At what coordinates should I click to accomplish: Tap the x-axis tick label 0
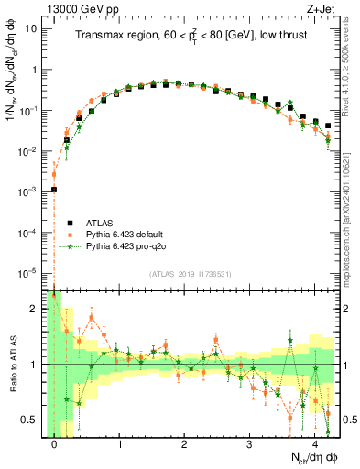[x=55, y=444]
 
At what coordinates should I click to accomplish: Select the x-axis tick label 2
[x=184, y=444]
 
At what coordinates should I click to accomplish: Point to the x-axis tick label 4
[x=314, y=444]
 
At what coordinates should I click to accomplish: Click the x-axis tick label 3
[x=249, y=444]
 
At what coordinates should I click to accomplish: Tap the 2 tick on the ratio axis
[x=35, y=309]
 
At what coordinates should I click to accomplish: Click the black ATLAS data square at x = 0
[x=54, y=190]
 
